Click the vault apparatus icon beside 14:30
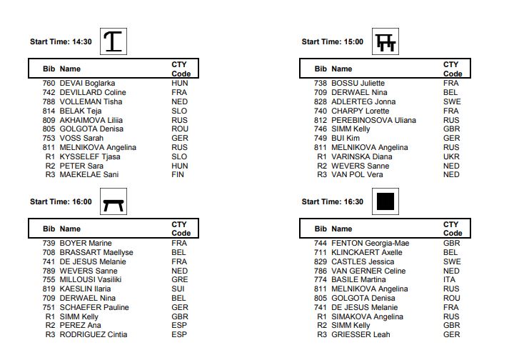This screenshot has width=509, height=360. (115, 41)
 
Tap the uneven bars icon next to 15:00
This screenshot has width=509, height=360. (386, 42)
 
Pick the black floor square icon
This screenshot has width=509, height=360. (386, 202)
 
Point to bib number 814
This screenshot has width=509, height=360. (49, 111)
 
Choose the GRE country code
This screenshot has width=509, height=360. (179, 279)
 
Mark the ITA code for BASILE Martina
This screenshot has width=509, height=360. (449, 279)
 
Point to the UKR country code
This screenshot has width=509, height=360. (451, 156)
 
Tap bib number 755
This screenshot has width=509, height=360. (49, 279)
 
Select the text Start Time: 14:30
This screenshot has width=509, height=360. (61, 41)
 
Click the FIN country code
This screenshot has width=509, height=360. (178, 175)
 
